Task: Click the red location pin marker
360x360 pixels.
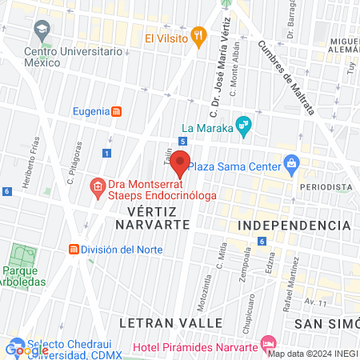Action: coord(181,164)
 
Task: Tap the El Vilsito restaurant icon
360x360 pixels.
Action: coord(198,37)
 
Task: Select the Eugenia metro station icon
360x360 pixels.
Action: coord(117,111)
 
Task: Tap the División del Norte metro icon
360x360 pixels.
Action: coord(74,250)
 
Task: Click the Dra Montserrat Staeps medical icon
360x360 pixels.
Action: coord(98,188)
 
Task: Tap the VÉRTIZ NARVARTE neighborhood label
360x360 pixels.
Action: coord(158,217)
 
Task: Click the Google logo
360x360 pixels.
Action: coord(26,350)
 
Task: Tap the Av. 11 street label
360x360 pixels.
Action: coord(317,302)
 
